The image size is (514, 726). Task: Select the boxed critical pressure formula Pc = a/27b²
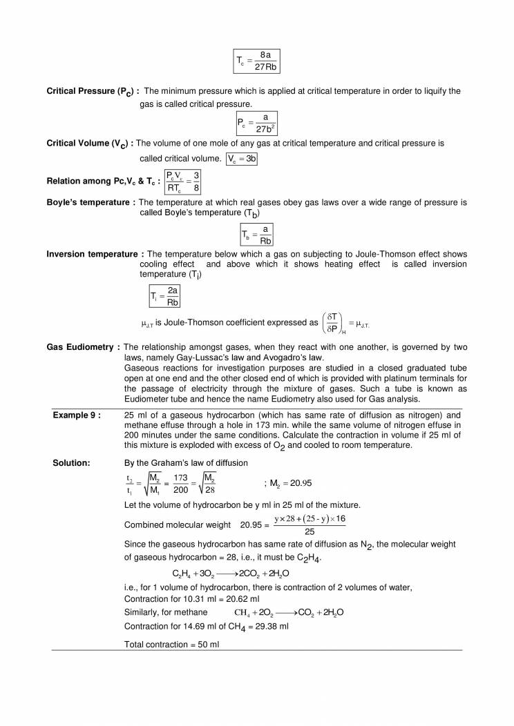[x=257, y=123]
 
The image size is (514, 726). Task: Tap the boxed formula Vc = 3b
[x=242, y=159]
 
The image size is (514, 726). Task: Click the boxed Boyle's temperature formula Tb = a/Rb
[x=257, y=235]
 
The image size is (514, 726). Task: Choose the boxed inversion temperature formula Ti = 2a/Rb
[x=165, y=296]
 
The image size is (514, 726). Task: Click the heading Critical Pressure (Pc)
[x=93, y=91]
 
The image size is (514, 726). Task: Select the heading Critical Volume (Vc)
[x=89, y=144]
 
